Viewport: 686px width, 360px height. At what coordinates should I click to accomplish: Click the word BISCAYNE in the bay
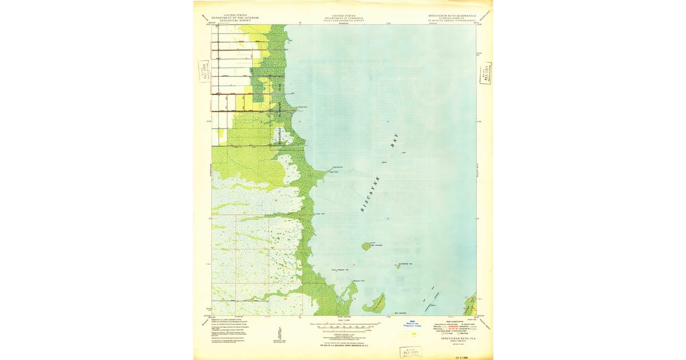click(370, 194)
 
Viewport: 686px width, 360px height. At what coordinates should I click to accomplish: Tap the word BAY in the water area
click(393, 141)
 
